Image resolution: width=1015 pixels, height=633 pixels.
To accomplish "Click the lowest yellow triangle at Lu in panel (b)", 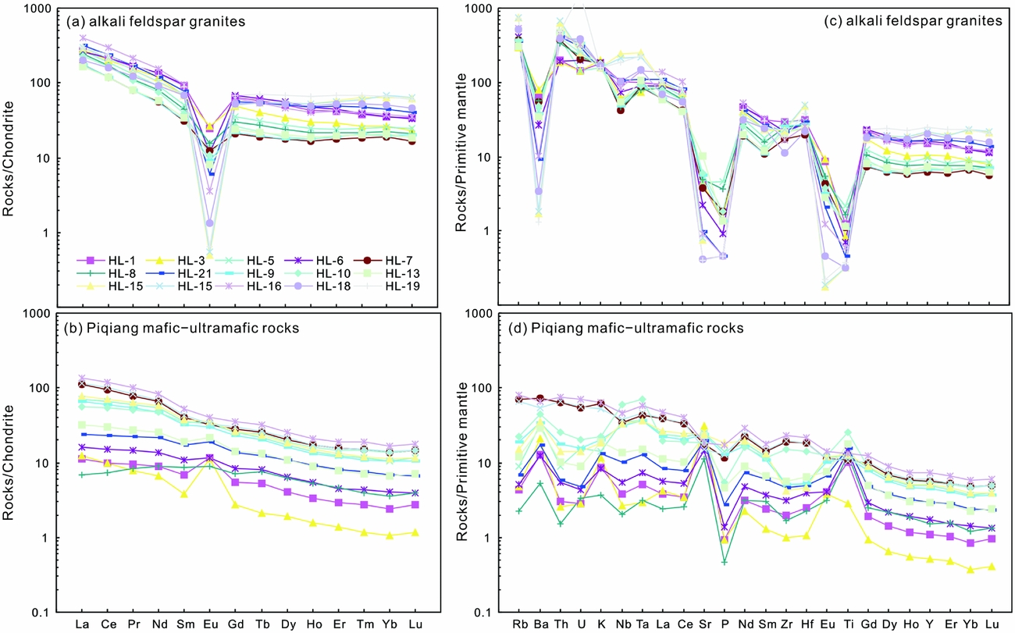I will click(415, 532).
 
